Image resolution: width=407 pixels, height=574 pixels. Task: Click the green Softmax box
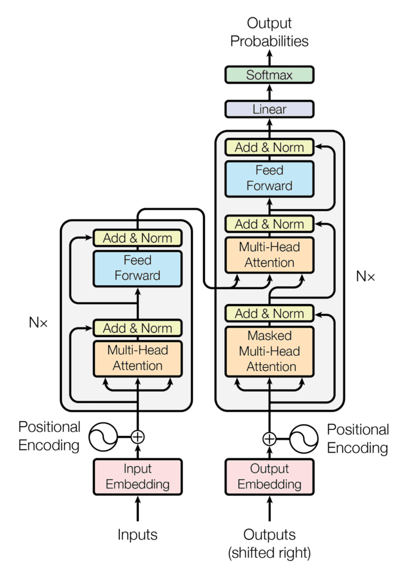(x=269, y=75)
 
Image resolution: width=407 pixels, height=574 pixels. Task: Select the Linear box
(x=269, y=109)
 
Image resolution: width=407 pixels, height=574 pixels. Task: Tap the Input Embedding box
(x=138, y=476)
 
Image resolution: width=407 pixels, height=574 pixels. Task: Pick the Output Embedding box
(x=269, y=476)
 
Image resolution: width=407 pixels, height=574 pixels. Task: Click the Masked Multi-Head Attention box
(x=269, y=351)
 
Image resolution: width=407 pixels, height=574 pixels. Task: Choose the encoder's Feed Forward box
(x=138, y=268)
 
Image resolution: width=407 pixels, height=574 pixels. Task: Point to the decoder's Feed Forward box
(x=269, y=178)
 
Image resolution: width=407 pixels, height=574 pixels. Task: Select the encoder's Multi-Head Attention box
(x=138, y=358)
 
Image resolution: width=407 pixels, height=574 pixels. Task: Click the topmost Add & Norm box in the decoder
(x=269, y=147)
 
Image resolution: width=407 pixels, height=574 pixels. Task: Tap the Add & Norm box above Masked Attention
(x=269, y=313)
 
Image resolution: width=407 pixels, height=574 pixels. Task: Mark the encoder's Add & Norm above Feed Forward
(x=138, y=238)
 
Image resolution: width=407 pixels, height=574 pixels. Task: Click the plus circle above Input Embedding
(x=138, y=436)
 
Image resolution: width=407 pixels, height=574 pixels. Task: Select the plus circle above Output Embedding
(x=269, y=438)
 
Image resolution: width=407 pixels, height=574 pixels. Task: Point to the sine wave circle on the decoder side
(x=304, y=438)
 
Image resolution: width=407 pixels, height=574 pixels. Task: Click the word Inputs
(x=138, y=534)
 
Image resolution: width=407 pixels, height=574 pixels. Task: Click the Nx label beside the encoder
(x=40, y=322)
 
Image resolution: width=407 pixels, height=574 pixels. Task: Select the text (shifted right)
(x=269, y=553)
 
